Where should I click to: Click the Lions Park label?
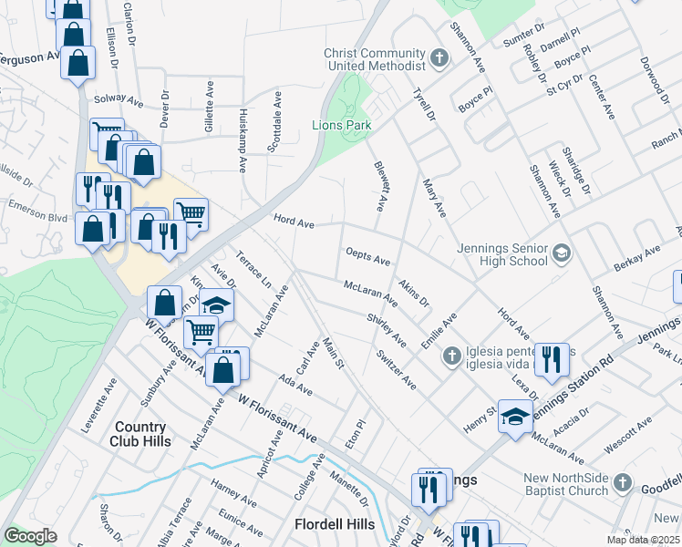click(342, 125)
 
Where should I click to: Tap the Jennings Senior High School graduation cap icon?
click(561, 253)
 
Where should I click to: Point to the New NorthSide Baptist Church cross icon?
click(622, 482)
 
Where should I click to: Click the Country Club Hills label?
click(141, 434)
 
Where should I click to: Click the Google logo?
click(30, 536)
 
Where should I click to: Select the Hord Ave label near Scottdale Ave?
click(294, 221)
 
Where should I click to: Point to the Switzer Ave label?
click(395, 370)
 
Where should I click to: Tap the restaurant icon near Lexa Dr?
click(552, 359)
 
